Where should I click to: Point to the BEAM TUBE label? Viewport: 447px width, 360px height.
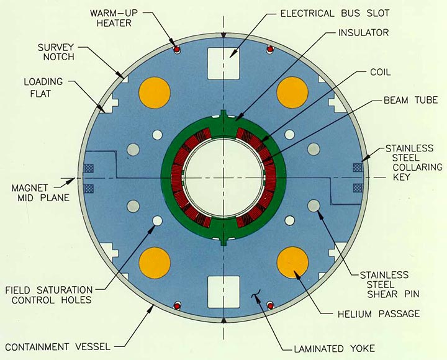[x=402, y=99]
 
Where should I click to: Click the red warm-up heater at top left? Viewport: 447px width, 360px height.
[x=176, y=49]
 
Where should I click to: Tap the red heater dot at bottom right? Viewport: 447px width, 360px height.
[x=270, y=305]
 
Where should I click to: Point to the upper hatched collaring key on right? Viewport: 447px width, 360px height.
[x=358, y=167]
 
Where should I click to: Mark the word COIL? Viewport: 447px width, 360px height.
[x=381, y=72]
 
